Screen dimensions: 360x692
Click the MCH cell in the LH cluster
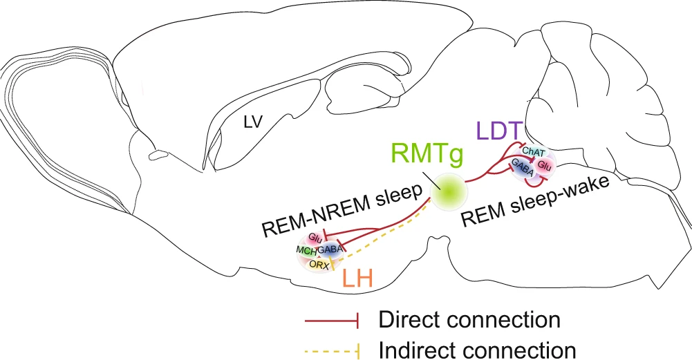coord(306,249)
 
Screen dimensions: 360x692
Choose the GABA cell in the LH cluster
coord(330,249)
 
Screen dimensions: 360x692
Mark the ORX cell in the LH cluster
coord(319,263)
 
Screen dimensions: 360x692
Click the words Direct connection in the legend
coord(469,319)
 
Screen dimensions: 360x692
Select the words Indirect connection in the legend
coord(477,349)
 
